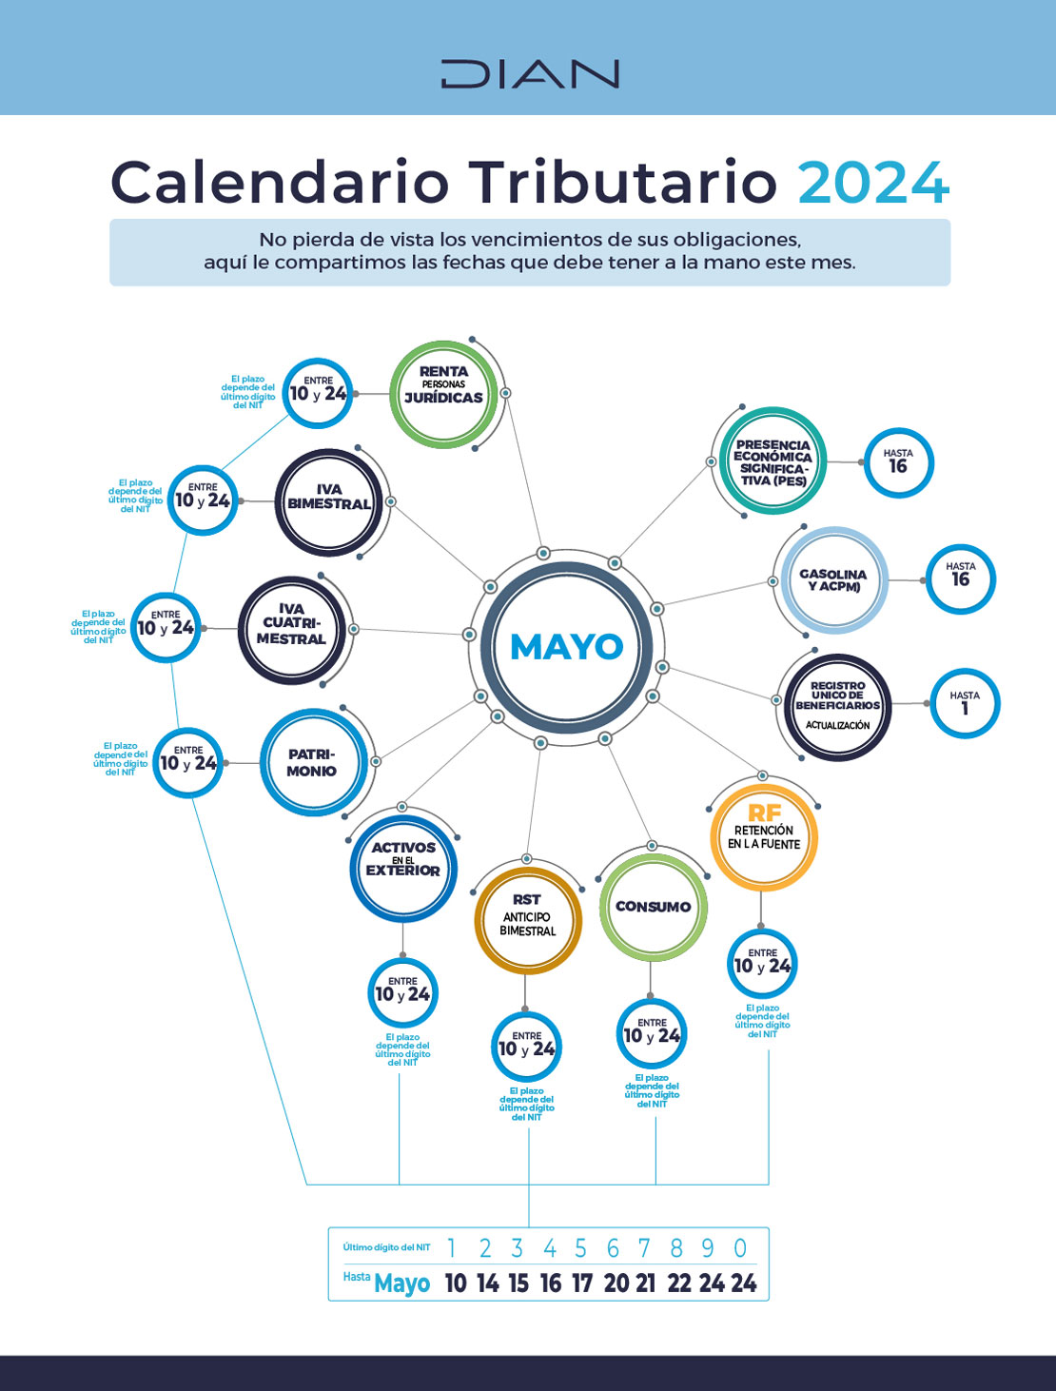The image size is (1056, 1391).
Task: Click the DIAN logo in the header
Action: click(529, 73)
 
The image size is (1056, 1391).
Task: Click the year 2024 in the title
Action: click(873, 183)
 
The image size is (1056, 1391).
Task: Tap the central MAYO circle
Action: click(567, 647)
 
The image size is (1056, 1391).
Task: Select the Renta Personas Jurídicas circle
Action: click(443, 393)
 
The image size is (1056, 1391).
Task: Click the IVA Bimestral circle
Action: click(329, 501)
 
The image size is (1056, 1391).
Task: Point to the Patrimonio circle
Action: click(312, 762)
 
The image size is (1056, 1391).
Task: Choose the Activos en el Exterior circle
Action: click(403, 869)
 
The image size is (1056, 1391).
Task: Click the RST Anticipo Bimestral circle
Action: click(527, 919)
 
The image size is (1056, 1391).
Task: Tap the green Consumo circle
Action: click(653, 907)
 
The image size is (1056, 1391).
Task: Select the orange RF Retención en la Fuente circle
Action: click(763, 833)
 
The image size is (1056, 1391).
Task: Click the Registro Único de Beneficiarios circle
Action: click(837, 706)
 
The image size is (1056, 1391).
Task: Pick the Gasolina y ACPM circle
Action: click(833, 579)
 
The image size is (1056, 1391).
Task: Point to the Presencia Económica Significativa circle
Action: click(772, 462)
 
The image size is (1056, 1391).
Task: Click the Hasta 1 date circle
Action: click(964, 704)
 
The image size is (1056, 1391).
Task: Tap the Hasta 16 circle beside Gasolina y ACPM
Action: click(960, 578)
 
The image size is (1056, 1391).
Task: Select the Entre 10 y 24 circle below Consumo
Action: click(651, 1034)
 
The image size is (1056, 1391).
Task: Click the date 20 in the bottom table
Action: click(616, 1283)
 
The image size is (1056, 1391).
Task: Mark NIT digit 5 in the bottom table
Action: click(580, 1248)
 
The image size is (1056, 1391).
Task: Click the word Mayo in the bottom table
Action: click(401, 1283)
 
